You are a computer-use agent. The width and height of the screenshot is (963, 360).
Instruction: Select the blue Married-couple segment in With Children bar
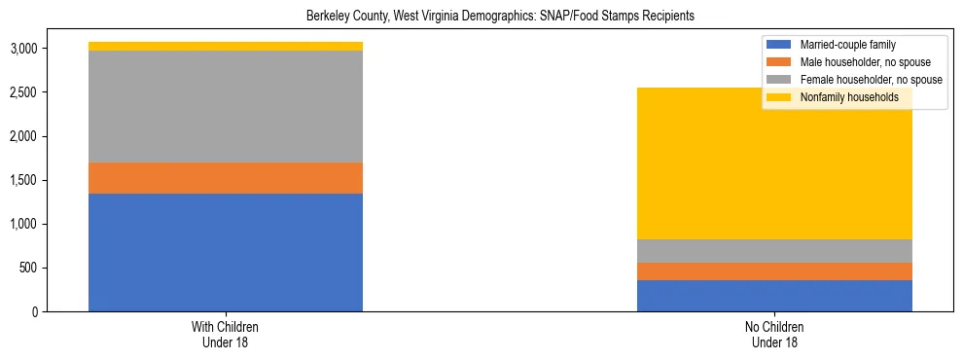pyautogui.click(x=226, y=252)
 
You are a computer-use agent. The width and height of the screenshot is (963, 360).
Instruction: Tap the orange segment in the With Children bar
pyautogui.click(x=226, y=178)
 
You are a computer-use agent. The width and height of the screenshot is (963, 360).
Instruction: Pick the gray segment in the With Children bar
pyautogui.click(x=226, y=106)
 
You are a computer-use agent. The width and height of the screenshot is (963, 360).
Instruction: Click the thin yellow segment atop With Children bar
pyautogui.click(x=226, y=46)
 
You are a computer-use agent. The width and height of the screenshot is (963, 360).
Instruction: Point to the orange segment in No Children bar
pyautogui.click(x=774, y=271)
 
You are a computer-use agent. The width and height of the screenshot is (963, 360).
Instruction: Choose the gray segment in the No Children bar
pyautogui.click(x=774, y=251)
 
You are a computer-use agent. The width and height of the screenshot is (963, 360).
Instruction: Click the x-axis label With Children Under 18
pyautogui.click(x=226, y=334)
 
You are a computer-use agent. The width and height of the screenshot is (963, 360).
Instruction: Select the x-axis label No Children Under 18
pyautogui.click(x=774, y=334)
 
